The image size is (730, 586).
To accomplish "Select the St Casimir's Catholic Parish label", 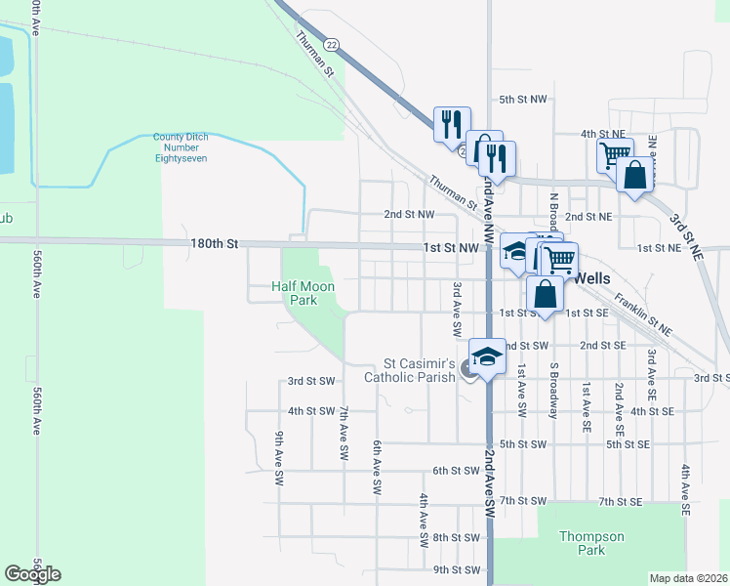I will pyautogui.click(x=410, y=370).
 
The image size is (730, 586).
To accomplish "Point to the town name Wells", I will pyautogui.click(x=592, y=278).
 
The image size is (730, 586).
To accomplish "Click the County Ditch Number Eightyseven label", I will pyautogui.click(x=180, y=147).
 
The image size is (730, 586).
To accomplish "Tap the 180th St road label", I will pyautogui.click(x=219, y=243).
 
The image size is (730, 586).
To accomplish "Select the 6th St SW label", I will pyautogui.click(x=457, y=471).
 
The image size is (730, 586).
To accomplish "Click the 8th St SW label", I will pyautogui.click(x=457, y=538).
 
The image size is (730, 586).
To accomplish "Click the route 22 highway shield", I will pyautogui.click(x=333, y=45).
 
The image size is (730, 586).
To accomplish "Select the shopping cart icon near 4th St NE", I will pyautogui.click(x=615, y=154).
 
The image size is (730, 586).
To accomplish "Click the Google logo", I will pyautogui.click(x=32, y=574).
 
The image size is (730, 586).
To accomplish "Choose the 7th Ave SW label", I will pyautogui.click(x=344, y=434).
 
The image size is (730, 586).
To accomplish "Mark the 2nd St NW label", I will pyautogui.click(x=408, y=215).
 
